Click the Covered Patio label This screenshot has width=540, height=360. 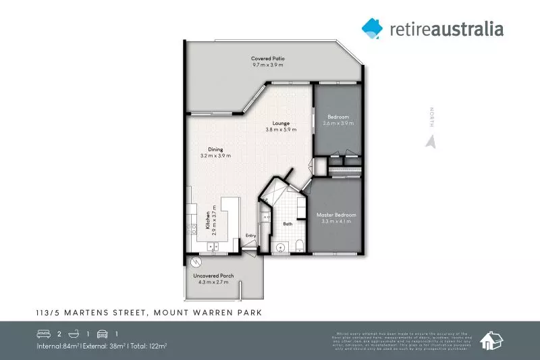point(267,59)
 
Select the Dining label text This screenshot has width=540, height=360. point(215,149)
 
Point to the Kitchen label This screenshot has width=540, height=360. point(207,220)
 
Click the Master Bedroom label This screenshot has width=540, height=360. point(335,215)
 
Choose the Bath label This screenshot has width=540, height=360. point(288,223)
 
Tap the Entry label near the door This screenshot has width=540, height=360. point(250,235)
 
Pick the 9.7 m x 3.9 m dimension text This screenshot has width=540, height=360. point(268,66)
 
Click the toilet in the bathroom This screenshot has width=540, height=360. point(300,246)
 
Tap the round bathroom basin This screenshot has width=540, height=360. point(281,246)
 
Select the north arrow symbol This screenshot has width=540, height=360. point(428,141)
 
